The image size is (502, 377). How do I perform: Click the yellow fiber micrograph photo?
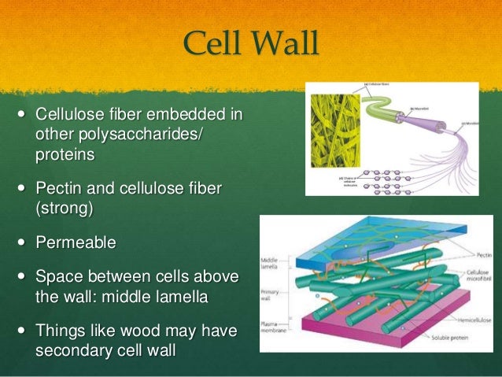point(334,139)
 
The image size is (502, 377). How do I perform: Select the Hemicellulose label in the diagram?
point(472,312)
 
